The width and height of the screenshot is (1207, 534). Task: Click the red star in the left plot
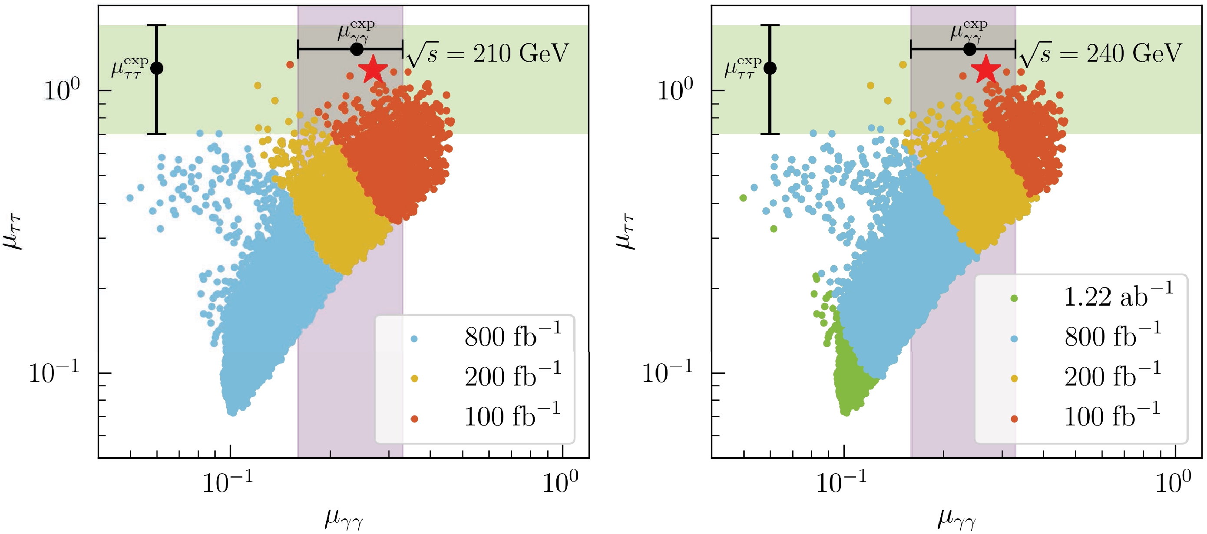(373, 69)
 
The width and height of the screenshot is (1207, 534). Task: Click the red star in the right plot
(986, 69)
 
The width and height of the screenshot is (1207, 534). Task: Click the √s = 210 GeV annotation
(487, 54)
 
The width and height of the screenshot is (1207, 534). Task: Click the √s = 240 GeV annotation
(1101, 54)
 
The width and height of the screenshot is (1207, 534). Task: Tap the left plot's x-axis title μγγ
(344, 518)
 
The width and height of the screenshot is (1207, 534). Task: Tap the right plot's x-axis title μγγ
(957, 518)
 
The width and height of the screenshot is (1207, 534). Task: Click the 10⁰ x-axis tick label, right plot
(1173, 482)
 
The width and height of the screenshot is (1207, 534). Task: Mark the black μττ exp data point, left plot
(156, 68)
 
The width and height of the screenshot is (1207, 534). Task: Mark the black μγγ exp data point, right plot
(970, 49)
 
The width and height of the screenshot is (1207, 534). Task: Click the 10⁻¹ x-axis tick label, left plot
(228, 482)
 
